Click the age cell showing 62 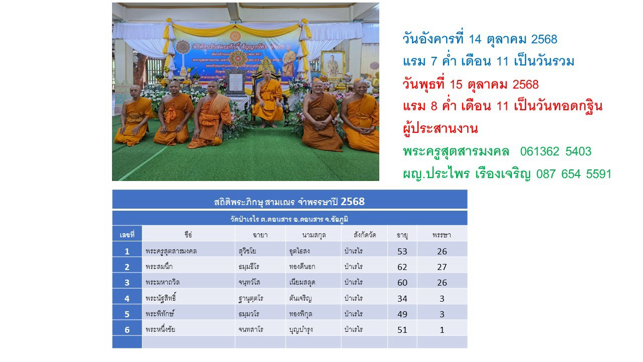coord(402,266)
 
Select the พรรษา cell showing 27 coord(442,266)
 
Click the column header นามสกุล coord(314,235)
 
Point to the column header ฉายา coord(260,235)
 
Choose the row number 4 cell coord(127,298)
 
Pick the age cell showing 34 coord(402,298)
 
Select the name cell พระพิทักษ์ coord(160,314)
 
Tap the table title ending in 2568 coord(289,202)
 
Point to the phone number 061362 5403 coord(556,151)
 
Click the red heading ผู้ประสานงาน coord(440,129)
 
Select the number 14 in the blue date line coord(475,39)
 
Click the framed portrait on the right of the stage coord(333,64)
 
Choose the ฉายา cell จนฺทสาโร coord(251,330)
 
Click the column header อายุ coord(402,235)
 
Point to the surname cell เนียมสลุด coord(305,282)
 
